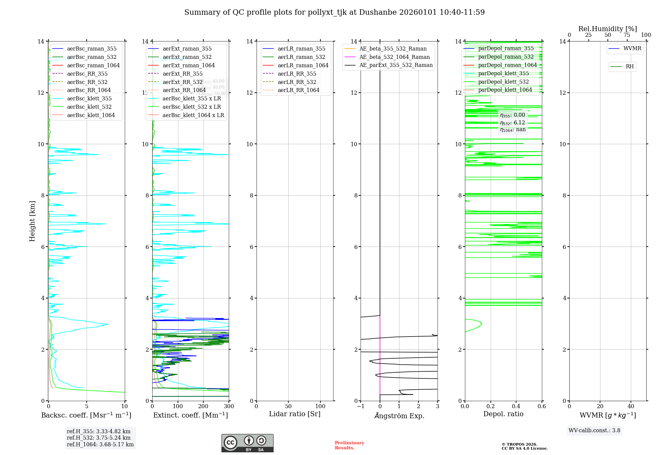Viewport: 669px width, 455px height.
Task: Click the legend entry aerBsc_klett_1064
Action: pos(91,115)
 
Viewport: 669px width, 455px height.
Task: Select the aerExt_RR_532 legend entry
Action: pos(182,82)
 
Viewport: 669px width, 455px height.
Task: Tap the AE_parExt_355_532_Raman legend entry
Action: pos(396,65)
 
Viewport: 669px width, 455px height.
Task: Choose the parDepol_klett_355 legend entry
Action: pos(503,74)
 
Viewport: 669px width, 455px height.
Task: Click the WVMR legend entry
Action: pos(632,49)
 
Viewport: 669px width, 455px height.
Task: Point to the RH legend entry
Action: pos(629,67)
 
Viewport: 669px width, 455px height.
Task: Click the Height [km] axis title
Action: pos(32,221)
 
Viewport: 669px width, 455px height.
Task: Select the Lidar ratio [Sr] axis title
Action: pos(294,414)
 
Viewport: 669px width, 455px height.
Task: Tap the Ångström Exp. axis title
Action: pos(399,416)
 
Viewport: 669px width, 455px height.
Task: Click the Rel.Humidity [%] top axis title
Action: pos(607,29)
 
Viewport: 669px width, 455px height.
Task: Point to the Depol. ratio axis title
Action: pos(503,414)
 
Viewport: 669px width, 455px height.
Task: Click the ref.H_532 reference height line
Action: pos(99,438)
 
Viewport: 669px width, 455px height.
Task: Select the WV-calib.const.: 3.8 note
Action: pos(594,430)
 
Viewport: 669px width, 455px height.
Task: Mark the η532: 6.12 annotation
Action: pos(512,123)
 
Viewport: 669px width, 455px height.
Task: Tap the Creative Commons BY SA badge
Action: pos(247,443)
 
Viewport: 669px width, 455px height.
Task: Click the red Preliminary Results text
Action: pos(349,445)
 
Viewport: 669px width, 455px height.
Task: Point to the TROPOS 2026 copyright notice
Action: pos(524,446)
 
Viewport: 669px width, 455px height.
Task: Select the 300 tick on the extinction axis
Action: pos(229,406)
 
